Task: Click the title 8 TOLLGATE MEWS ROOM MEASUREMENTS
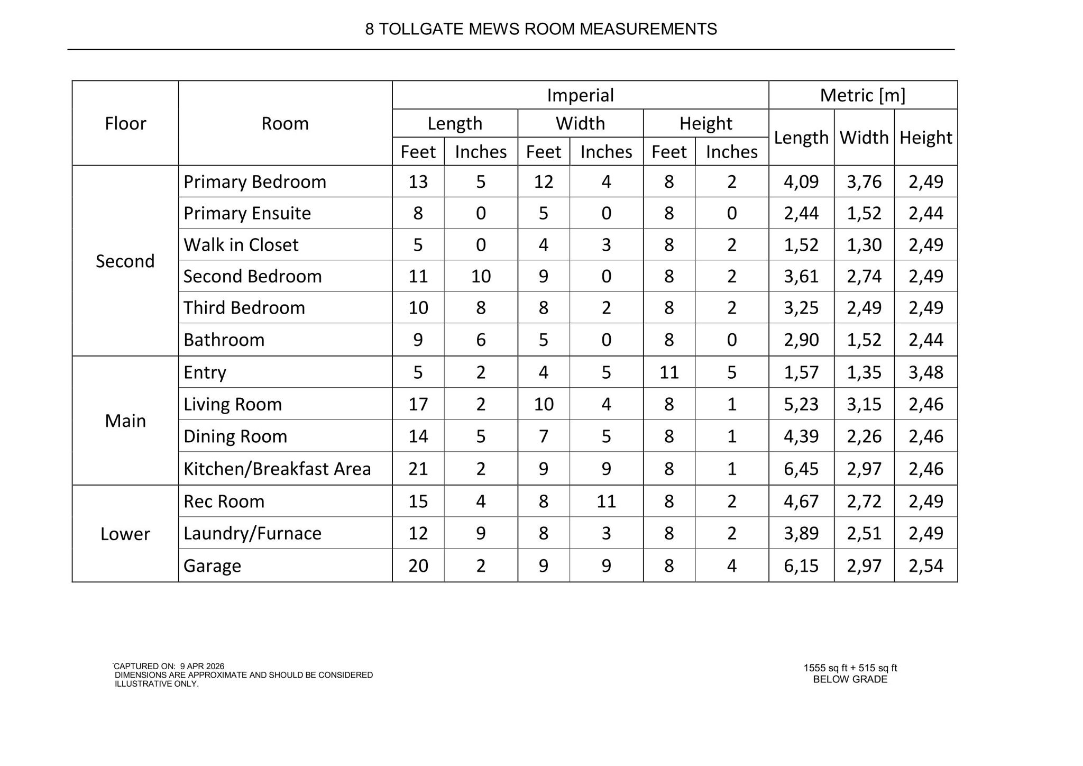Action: (x=540, y=29)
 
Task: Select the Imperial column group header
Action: (x=580, y=95)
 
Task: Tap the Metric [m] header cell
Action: (x=862, y=95)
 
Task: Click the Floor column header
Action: (x=125, y=123)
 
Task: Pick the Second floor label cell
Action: (x=125, y=261)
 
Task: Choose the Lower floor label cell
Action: (x=125, y=534)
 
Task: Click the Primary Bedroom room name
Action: (x=255, y=181)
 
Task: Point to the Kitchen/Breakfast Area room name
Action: (x=277, y=469)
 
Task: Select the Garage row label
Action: (x=212, y=566)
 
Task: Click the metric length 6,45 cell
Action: (x=801, y=469)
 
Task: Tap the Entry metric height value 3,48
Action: (x=925, y=372)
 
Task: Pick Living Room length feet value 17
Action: (x=418, y=404)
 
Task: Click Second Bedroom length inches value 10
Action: (x=481, y=276)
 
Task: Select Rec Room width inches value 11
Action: (x=606, y=501)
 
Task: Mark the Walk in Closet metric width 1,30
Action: (x=864, y=245)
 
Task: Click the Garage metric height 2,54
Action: (x=925, y=566)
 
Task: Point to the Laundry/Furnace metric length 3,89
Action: (x=801, y=533)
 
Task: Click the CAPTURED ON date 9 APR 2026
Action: (x=202, y=667)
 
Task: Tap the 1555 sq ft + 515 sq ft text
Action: (x=850, y=668)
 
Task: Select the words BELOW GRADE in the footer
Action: (x=850, y=679)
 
